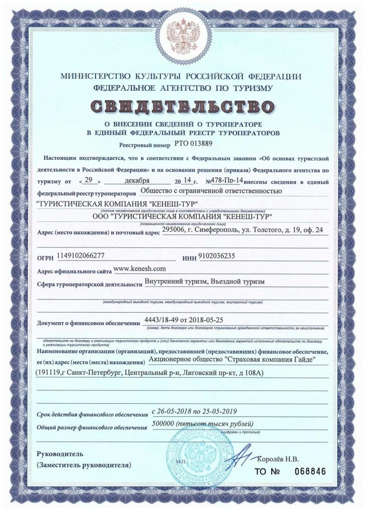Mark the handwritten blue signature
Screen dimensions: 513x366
point(240,457)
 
